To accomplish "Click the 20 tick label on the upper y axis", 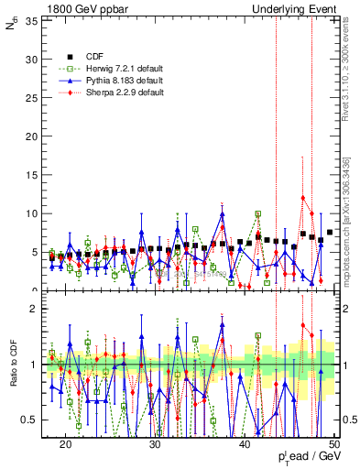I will coord(30,136).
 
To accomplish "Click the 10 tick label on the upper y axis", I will coord(30,213).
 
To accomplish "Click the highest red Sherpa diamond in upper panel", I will coord(303,198).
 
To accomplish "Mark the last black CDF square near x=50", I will coord(330,233).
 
